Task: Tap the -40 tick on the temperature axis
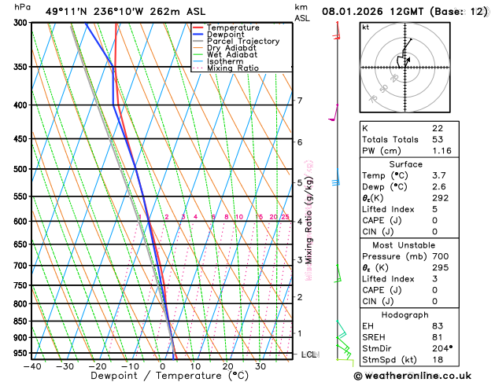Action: [x=32, y=366]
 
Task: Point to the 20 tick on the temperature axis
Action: [x=227, y=366]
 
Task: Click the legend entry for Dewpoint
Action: [x=226, y=35]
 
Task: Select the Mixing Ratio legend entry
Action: [x=232, y=68]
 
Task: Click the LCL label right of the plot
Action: [x=308, y=354]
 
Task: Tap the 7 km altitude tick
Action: [x=299, y=101]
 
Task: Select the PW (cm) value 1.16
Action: [x=439, y=150]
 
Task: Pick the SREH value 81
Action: [x=437, y=337]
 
